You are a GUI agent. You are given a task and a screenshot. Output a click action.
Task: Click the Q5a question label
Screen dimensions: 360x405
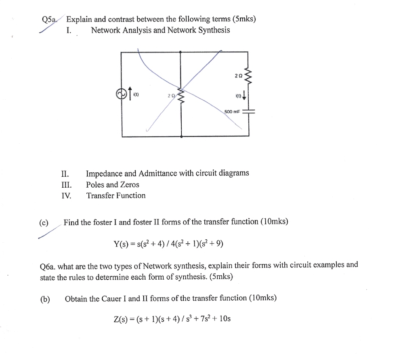(50, 19)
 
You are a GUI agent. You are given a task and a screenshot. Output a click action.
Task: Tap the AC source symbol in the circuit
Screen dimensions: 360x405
(120, 94)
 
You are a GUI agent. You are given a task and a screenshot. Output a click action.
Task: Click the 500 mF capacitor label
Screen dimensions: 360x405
(232, 111)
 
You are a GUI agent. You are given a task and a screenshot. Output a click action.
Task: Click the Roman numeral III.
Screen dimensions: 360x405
(66, 185)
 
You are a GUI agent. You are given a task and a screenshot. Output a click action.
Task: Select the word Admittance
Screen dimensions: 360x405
(157, 173)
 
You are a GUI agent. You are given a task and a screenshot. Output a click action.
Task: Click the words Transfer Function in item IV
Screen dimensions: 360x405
(115, 196)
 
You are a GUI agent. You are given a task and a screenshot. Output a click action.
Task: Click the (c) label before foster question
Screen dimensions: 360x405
(44, 222)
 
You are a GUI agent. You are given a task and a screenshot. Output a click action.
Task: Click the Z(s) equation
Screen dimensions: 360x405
(172, 319)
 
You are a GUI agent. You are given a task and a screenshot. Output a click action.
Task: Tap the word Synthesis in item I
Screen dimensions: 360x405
(214, 30)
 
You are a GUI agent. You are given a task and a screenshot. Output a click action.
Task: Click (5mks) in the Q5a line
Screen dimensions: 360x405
(244, 19)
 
